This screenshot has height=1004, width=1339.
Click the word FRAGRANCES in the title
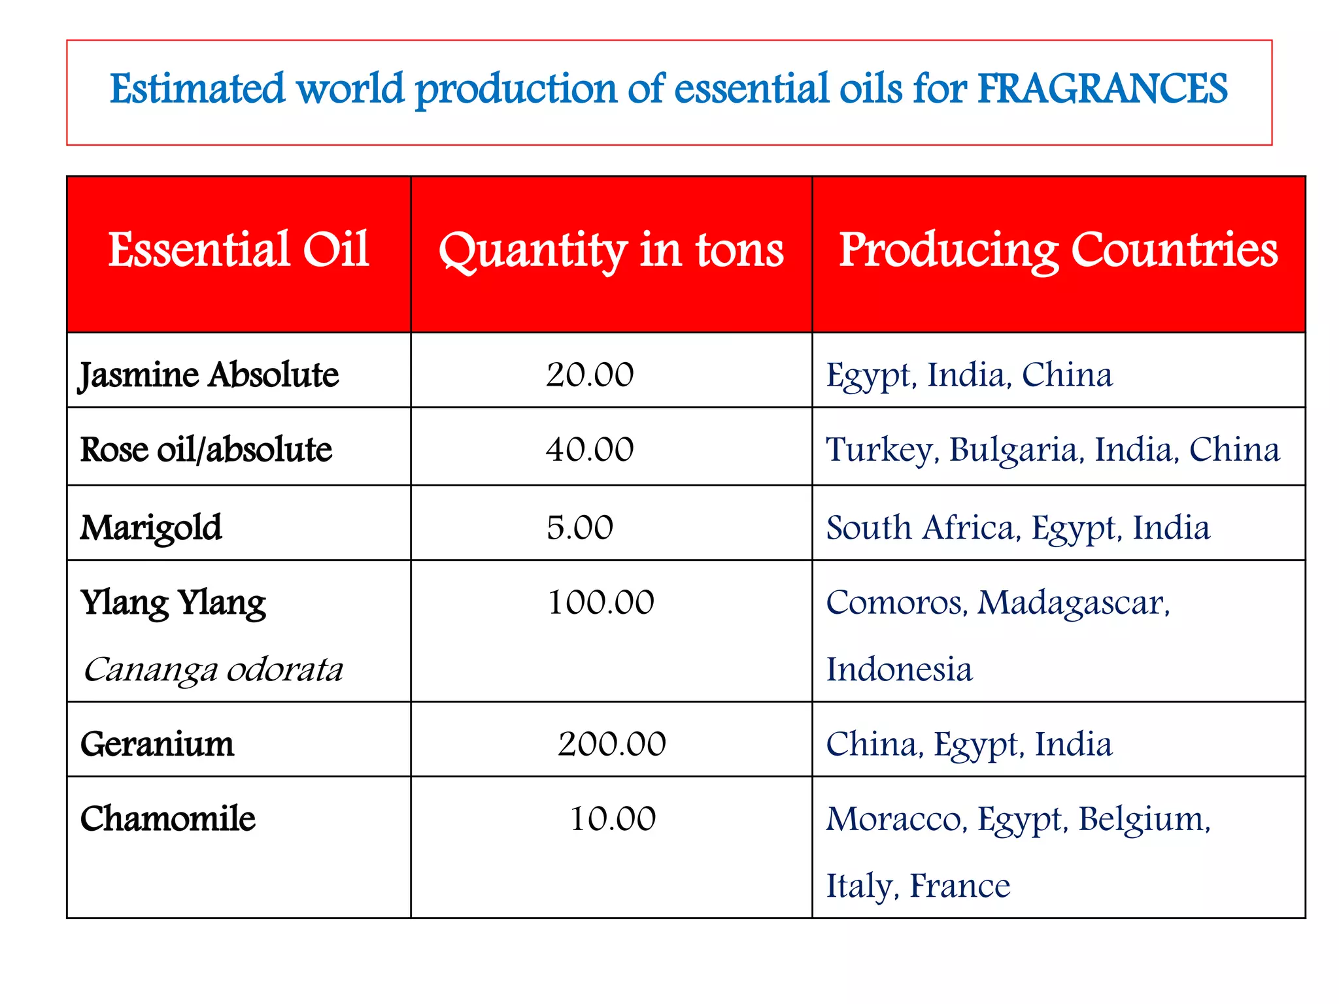tap(1102, 89)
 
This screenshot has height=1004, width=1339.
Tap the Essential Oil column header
tap(239, 250)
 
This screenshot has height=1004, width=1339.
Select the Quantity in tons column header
tap(611, 251)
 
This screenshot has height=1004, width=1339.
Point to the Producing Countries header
tap(1058, 251)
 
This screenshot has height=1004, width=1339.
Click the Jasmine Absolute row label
tap(209, 376)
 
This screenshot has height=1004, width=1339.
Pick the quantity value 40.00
tap(590, 450)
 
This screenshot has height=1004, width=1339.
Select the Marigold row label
tap(151, 528)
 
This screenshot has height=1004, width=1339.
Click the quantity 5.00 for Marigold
tap(580, 527)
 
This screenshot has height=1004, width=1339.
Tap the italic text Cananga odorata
tap(213, 670)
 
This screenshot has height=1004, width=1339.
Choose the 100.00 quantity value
tap(600, 602)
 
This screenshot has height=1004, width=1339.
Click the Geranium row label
tap(157, 745)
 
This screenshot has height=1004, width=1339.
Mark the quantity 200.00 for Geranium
tap(611, 745)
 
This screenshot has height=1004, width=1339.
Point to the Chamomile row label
tap(168, 819)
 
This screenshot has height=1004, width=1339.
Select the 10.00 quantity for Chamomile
tap(613, 819)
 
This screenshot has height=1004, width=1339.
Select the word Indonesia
tap(899, 670)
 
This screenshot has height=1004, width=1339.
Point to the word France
tap(960, 886)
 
